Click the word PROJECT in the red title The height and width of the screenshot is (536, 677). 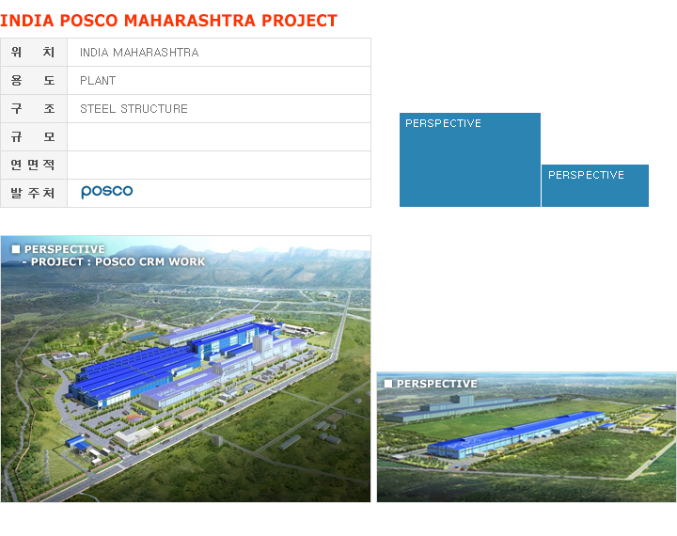(x=300, y=21)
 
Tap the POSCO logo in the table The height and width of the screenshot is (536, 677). (x=107, y=191)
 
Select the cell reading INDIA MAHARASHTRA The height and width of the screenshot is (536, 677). (x=219, y=53)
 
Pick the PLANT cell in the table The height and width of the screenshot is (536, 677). (x=219, y=80)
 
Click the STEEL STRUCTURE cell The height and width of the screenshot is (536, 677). (x=219, y=108)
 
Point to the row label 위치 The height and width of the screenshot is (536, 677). (x=33, y=53)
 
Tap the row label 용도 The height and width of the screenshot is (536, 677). (x=33, y=80)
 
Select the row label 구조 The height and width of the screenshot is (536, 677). (x=33, y=108)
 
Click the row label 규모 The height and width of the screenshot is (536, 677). (x=33, y=137)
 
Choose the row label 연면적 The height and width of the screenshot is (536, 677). (x=33, y=165)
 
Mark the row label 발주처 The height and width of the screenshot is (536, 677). (x=33, y=193)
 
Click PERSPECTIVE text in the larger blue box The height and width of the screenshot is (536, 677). (x=443, y=123)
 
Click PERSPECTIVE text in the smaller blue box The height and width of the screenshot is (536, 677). (x=586, y=175)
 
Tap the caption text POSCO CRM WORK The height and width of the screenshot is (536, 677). (x=150, y=261)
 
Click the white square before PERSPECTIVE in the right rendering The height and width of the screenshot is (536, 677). (x=388, y=384)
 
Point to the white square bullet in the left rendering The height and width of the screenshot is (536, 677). (x=16, y=249)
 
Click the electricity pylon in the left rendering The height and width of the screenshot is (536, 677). (x=45, y=466)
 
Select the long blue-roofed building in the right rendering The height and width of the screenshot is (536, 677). (x=513, y=435)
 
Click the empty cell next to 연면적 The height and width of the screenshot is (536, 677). (x=219, y=165)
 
